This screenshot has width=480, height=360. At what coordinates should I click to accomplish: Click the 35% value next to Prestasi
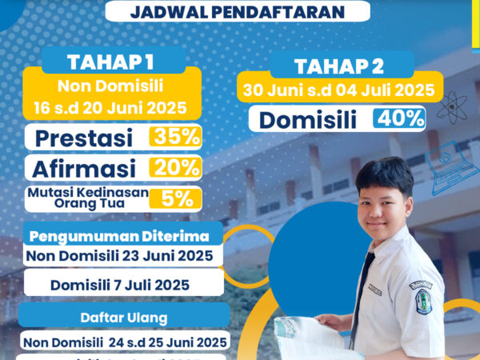(x=175, y=136)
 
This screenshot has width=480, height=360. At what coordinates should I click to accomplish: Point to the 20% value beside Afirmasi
(x=175, y=168)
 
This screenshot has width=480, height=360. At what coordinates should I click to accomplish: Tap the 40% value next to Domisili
(x=398, y=119)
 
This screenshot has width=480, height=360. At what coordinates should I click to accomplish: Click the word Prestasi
(x=86, y=137)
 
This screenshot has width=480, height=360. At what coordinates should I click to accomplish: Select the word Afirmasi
(x=85, y=168)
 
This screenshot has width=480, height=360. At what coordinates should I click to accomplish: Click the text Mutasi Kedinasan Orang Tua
(x=83, y=199)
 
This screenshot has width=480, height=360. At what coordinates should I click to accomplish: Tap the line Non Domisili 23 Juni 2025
(x=120, y=256)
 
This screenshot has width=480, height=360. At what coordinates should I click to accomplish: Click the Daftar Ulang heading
(x=124, y=317)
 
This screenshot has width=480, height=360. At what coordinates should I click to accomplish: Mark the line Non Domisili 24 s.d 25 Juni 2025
(x=126, y=342)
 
